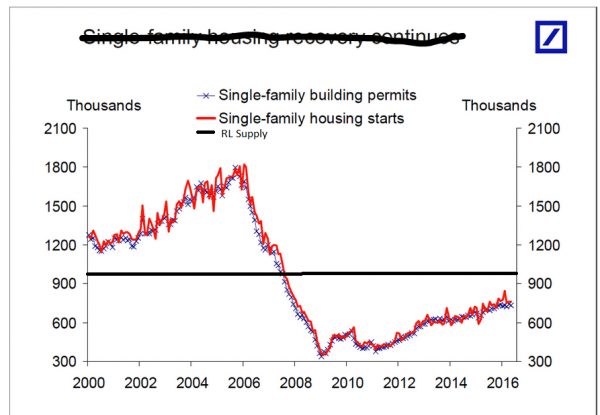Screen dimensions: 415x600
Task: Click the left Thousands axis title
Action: click(104, 104)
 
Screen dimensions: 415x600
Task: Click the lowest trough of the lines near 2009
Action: click(321, 355)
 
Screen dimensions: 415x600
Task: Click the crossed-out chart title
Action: click(273, 39)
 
